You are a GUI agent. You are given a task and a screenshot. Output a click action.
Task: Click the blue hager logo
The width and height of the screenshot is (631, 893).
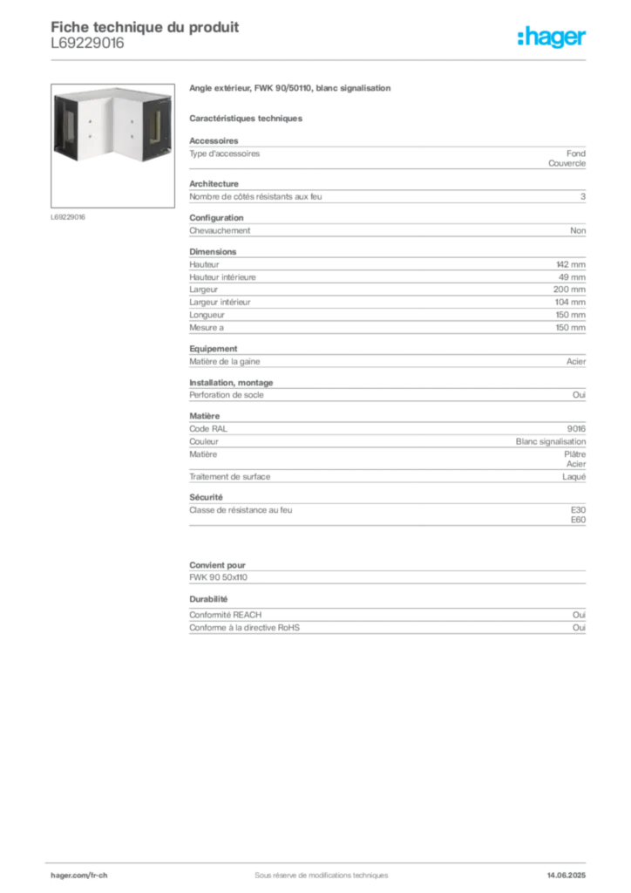point(553,38)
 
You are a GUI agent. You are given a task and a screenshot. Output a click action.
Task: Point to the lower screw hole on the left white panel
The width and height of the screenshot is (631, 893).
point(90,137)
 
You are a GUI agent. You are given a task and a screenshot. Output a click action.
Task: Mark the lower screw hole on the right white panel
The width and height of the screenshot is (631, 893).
point(130,138)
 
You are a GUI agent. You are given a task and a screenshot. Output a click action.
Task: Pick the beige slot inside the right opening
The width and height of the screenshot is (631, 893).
point(156,130)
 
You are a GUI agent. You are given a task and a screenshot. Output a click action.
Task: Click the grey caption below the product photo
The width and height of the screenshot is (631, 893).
point(69,216)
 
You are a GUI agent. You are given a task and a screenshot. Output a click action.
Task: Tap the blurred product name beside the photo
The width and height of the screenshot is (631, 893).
point(292,90)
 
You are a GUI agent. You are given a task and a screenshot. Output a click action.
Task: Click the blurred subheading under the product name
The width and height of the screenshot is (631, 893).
point(247,118)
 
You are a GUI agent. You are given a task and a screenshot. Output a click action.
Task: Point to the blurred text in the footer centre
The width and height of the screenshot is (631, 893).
point(315,870)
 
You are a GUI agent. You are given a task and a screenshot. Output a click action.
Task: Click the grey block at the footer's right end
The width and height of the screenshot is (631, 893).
point(573,871)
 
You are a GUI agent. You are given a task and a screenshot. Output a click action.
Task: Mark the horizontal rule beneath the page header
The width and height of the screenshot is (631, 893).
point(321,58)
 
